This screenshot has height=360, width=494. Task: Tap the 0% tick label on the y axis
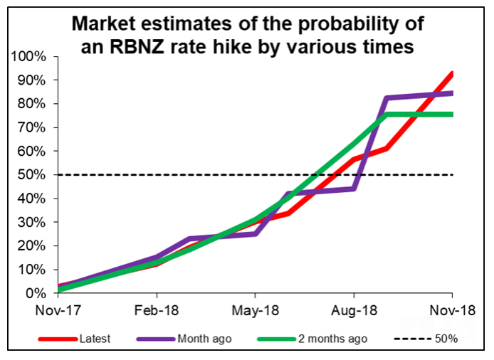[x=36, y=293]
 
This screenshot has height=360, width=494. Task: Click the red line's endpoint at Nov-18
[x=452, y=73]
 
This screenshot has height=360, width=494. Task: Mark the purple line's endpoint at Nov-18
[x=452, y=92]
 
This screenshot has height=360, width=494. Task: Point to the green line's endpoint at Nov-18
[x=452, y=114]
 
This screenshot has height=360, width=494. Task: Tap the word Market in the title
[x=107, y=25]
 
